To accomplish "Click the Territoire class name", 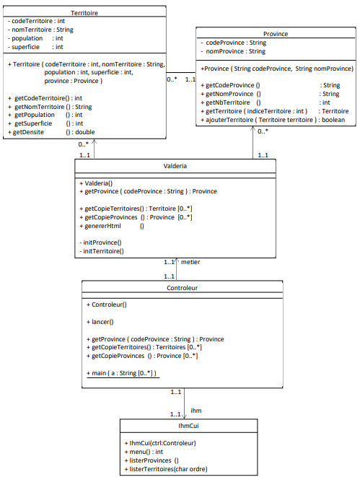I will point(85,13).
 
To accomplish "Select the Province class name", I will point(276,34).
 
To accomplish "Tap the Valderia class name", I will point(175,166).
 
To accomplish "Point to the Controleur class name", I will point(177,287).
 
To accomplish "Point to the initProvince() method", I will point(101,242).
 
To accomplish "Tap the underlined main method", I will point(121,372).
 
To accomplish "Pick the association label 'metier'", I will point(190,262).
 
